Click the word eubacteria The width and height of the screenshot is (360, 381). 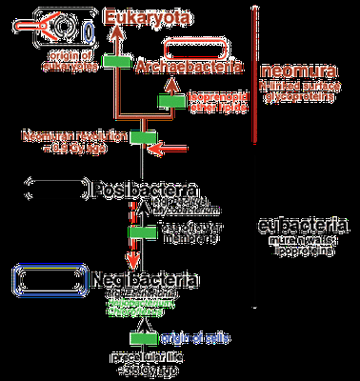pyautogui.click(x=303, y=227)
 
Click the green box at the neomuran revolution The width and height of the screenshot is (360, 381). pyautogui.click(x=142, y=137)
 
